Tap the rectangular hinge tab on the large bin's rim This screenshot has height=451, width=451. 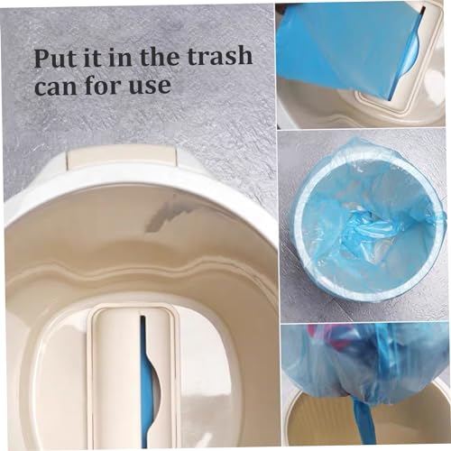121,158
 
